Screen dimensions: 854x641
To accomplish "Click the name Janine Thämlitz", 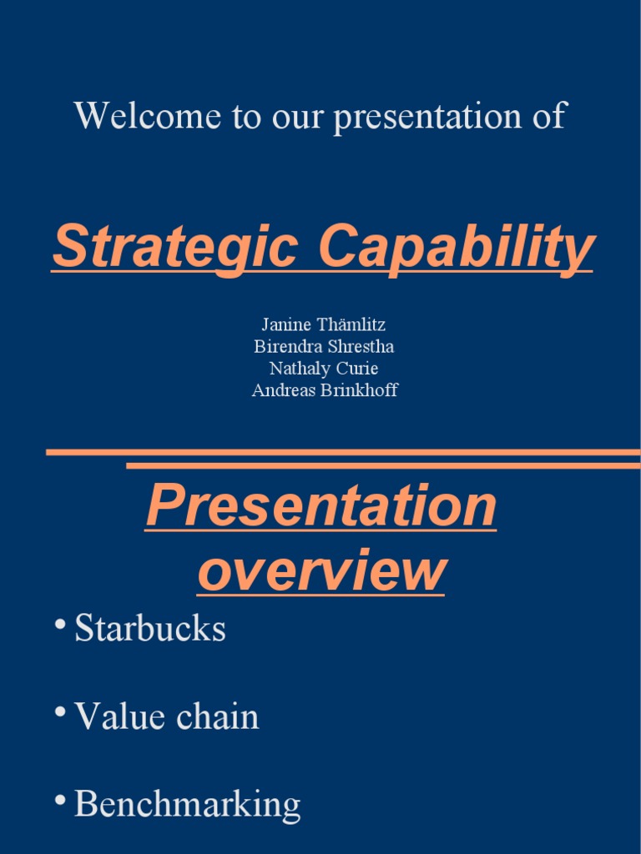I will tap(323, 325).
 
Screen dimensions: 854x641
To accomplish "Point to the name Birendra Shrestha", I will tap(323, 347).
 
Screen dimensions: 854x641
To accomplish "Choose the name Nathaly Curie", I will tap(323, 369).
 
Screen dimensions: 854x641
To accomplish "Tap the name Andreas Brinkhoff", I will tap(325, 390).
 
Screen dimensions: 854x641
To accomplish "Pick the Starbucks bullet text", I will tap(150, 629).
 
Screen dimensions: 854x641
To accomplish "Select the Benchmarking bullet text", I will tap(187, 805).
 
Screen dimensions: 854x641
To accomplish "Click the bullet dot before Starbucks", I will tap(60, 625).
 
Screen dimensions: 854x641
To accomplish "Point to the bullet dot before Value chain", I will tap(60, 713).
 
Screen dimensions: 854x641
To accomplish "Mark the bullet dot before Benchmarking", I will tap(60, 801).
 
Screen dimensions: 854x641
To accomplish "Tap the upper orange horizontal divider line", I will tap(342, 452).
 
